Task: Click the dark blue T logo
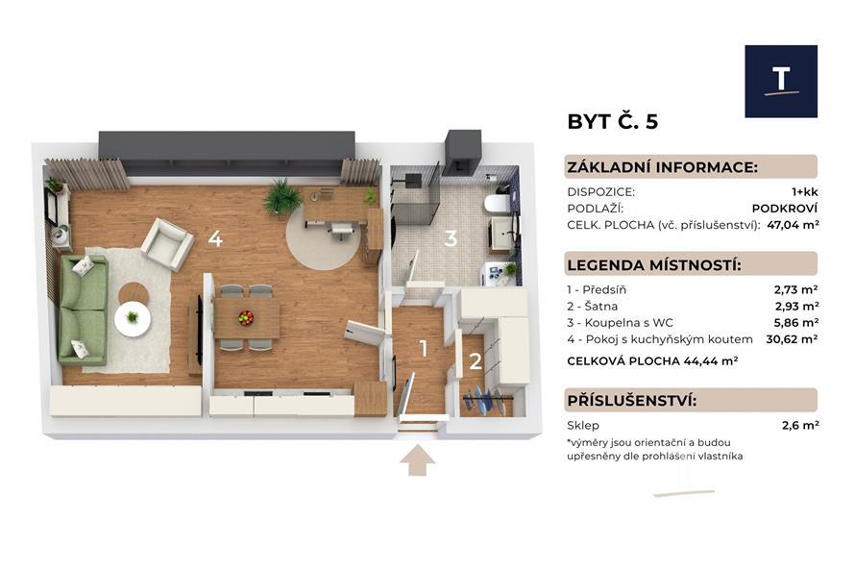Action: point(781,82)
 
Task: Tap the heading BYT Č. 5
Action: point(612,122)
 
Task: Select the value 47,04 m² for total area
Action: point(793,224)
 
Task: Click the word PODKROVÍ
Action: point(785,208)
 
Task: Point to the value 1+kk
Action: point(805,192)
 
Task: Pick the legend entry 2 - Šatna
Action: point(592,306)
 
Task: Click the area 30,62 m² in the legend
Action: point(792,338)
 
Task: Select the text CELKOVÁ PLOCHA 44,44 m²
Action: point(652,360)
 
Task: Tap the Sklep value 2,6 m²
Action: point(800,425)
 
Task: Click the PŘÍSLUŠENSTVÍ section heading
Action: point(631,401)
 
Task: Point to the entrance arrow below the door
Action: point(417,459)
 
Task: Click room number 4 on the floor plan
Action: point(215,238)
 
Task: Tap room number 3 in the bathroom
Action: point(451,238)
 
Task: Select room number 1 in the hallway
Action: point(424,349)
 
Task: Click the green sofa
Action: point(83,310)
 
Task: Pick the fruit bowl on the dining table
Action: point(245,317)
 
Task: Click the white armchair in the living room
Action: point(167,244)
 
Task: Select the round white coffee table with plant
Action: point(133,319)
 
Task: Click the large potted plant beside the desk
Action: point(282,197)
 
